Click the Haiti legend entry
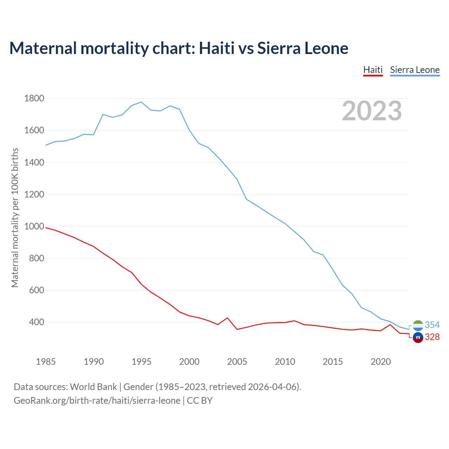[x=373, y=70]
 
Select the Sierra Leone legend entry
[x=415, y=70]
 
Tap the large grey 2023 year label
[x=372, y=111]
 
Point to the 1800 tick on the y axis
[x=34, y=98]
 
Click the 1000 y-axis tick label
[x=34, y=226]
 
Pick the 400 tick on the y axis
[x=36, y=322]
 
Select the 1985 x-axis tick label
[x=46, y=361]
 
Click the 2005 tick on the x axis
[x=237, y=361]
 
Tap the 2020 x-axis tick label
[x=381, y=361]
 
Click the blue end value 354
[x=432, y=325]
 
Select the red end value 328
[x=432, y=337]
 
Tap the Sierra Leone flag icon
[x=418, y=326]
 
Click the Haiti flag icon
[x=418, y=337]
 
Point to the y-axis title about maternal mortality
[x=15, y=217]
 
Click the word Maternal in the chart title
[x=43, y=48]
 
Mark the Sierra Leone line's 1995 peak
[x=141, y=102]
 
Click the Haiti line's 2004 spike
[x=227, y=318]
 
